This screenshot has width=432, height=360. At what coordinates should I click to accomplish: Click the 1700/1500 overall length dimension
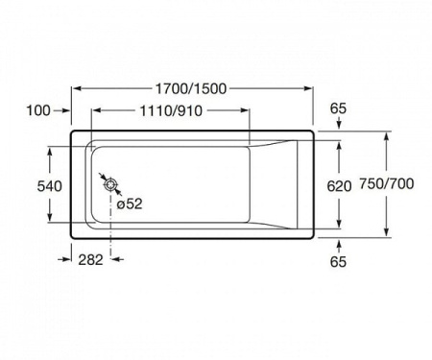[x=191, y=88]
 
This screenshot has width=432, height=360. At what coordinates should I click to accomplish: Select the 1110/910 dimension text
[x=171, y=110]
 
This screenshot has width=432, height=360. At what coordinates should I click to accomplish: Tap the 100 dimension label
[x=38, y=110]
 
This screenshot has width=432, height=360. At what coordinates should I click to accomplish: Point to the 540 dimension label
[x=50, y=186]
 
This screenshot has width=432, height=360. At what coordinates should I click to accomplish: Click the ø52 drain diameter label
[x=130, y=204]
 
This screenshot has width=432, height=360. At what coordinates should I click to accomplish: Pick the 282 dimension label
[x=91, y=259]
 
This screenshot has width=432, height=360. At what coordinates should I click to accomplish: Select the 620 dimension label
[x=339, y=186]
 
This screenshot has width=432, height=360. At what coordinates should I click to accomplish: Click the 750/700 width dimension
[x=387, y=183]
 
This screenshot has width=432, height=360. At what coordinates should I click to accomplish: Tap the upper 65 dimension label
[x=338, y=108]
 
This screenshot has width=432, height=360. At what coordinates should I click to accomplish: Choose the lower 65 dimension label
[x=338, y=261]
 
